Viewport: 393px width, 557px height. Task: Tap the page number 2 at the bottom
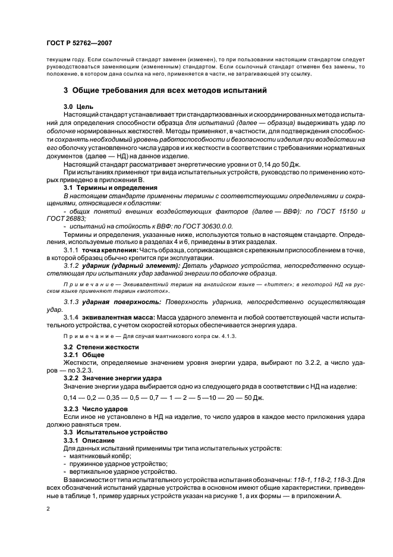[49, 509]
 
